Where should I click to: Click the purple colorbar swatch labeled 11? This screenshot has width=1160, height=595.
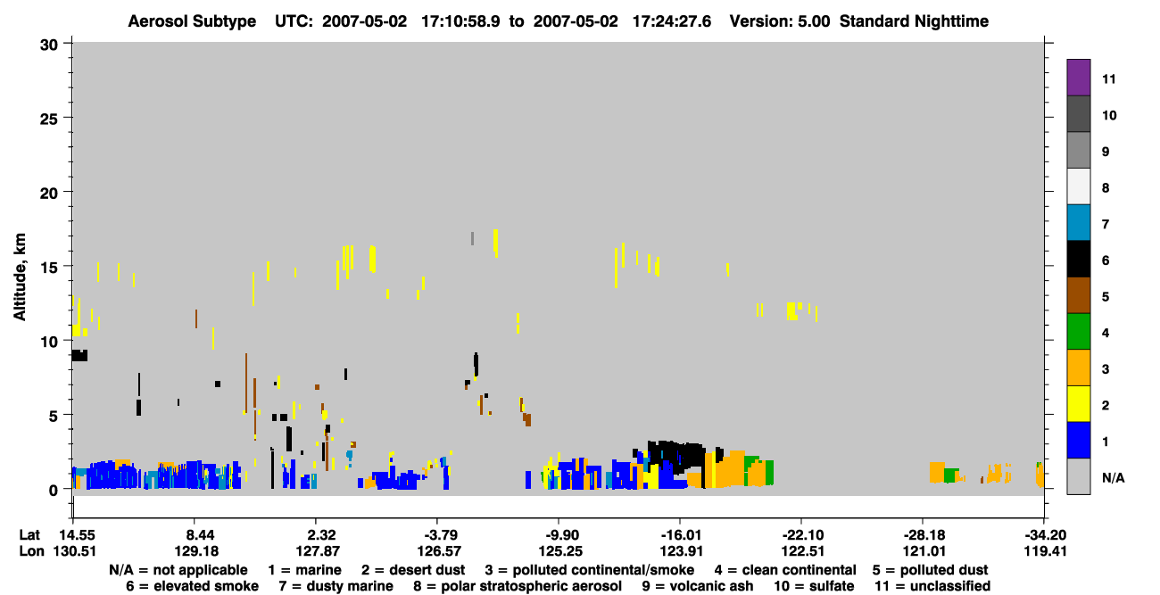pos(1078,77)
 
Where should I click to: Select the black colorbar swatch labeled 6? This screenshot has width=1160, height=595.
pos(1078,259)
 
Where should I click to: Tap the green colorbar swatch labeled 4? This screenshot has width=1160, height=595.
pos(1078,332)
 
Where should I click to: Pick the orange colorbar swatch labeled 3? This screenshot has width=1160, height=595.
pos(1078,368)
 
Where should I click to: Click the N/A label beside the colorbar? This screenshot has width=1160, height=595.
pos(1113,477)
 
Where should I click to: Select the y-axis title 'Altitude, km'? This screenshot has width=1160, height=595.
pos(19,277)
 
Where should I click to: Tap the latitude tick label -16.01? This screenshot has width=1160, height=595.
pos(681,535)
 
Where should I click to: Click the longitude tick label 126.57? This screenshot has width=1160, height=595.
pos(439,551)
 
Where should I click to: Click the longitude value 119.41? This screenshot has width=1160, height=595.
pos(1045,551)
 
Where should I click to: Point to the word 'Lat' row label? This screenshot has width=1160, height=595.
pos(29,535)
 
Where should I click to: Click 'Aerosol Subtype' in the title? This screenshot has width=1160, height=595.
pos(192,21)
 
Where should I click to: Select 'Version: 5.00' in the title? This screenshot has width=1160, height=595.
pos(779,21)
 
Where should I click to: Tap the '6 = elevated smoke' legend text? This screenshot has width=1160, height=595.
pos(192,586)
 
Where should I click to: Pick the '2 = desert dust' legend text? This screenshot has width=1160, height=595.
pos(413,570)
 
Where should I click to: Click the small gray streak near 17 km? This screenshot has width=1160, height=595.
pos(472,238)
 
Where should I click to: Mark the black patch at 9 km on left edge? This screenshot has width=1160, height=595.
pos(79,355)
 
